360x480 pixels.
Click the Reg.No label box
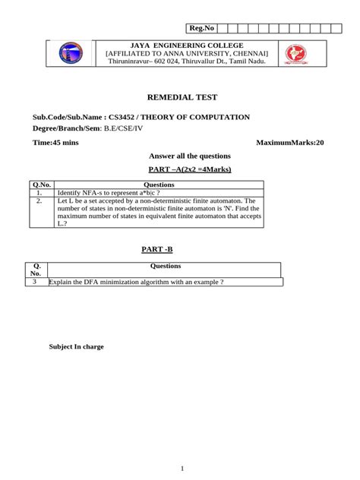[x=201, y=28]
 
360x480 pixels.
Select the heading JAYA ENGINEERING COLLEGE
[x=187, y=46]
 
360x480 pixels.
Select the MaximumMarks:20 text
[x=289, y=142]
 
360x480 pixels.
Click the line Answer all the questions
[x=179, y=156]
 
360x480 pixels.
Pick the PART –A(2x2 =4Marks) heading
[x=180, y=169]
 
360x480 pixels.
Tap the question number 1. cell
[x=39, y=193]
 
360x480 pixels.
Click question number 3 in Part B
[x=34, y=282]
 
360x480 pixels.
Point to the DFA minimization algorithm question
[x=137, y=283]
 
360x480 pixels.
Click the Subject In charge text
[x=77, y=346]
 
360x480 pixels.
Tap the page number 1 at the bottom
[x=182, y=468]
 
